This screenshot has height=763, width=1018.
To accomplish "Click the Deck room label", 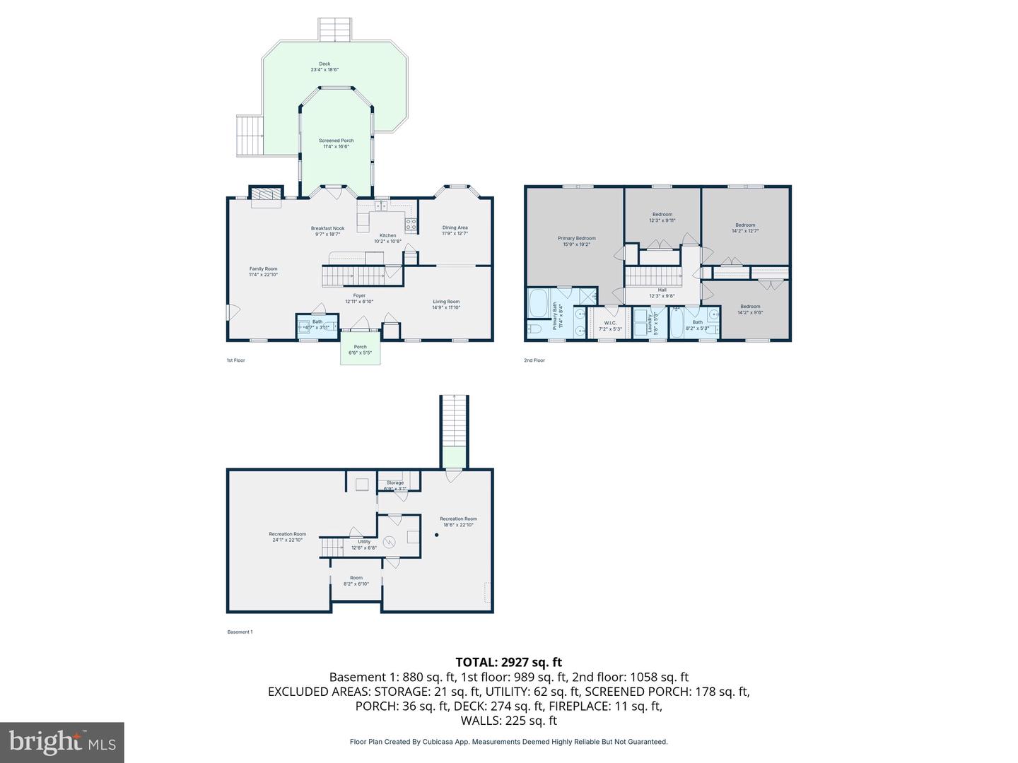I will (x=324, y=66).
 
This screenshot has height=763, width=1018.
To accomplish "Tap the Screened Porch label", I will (x=336, y=143).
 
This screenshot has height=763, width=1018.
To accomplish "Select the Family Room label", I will (x=263, y=271).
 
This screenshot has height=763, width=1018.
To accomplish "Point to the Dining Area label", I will (x=455, y=230).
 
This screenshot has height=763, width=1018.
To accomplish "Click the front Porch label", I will (x=361, y=350).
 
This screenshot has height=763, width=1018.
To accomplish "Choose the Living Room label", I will (x=446, y=304).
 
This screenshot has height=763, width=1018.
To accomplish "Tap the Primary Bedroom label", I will (x=576, y=241).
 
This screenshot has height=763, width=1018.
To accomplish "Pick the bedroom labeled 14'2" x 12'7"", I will (x=744, y=227).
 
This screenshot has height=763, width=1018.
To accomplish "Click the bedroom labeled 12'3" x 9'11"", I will (x=662, y=217).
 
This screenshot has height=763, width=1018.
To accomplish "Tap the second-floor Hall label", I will (x=662, y=292).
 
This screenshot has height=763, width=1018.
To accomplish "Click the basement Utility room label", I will (x=363, y=544).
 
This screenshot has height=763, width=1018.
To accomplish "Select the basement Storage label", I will (x=394, y=485).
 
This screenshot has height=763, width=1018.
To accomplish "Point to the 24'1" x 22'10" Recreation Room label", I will (x=287, y=536).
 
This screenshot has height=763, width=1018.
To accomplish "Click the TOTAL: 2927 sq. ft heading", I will (x=508, y=662).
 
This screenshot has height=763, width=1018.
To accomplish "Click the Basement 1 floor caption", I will (x=240, y=632).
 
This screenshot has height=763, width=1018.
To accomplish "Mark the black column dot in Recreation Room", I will (x=436, y=535).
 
